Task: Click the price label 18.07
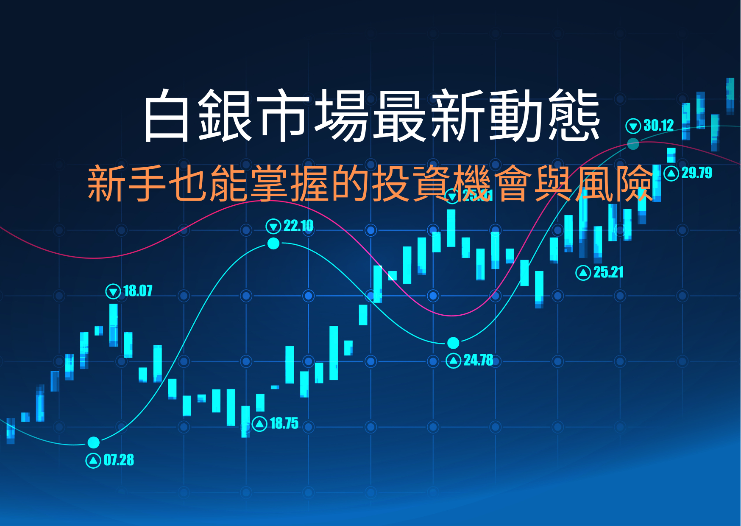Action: pyautogui.click(x=138, y=291)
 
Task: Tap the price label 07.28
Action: pyautogui.click(x=119, y=460)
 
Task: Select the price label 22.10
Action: pyautogui.click(x=298, y=226)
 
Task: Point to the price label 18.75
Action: pyautogui.click(x=284, y=423)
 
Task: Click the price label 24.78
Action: pyautogui.click(x=478, y=360)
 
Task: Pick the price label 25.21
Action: pyautogui.click(x=608, y=272)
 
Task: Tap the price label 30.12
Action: pyautogui.click(x=658, y=126)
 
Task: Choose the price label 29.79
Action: pyautogui.click(x=696, y=173)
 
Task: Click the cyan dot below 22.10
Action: pyautogui.click(x=273, y=243)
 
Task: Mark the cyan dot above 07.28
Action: pyautogui.click(x=93, y=442)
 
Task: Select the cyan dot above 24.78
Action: pyautogui.click(x=453, y=342)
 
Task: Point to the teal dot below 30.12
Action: pyautogui.click(x=633, y=144)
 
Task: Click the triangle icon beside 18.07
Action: pyautogui.click(x=113, y=291)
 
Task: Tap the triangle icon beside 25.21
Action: pyautogui.click(x=583, y=273)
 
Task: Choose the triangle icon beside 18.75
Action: pyautogui.click(x=259, y=424)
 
